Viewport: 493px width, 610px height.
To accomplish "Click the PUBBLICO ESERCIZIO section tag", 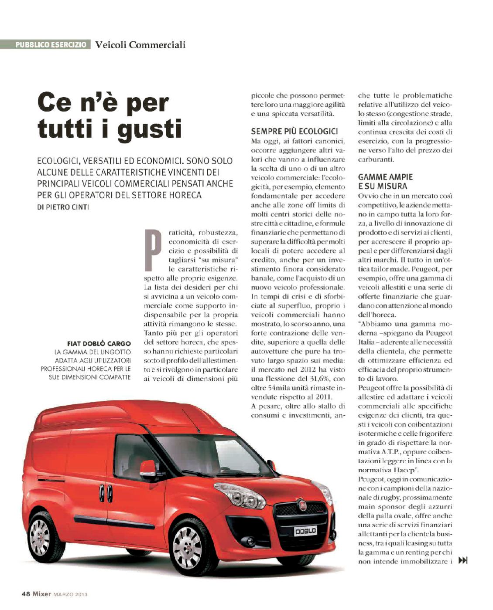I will (50, 44).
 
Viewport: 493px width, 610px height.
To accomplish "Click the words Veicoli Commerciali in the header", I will (140, 44).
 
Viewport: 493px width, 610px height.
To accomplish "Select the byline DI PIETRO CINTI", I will (63, 207).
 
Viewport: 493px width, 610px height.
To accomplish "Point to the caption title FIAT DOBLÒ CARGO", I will (99, 343).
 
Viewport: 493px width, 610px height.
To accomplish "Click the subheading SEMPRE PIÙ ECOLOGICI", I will (294, 131).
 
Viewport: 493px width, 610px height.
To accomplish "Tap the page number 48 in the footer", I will (26, 593).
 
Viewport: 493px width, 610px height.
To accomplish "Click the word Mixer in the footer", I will (42, 593).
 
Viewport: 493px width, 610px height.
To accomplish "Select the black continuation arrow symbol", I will (463, 560).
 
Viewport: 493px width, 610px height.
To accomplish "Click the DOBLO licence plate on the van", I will (305, 531).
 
